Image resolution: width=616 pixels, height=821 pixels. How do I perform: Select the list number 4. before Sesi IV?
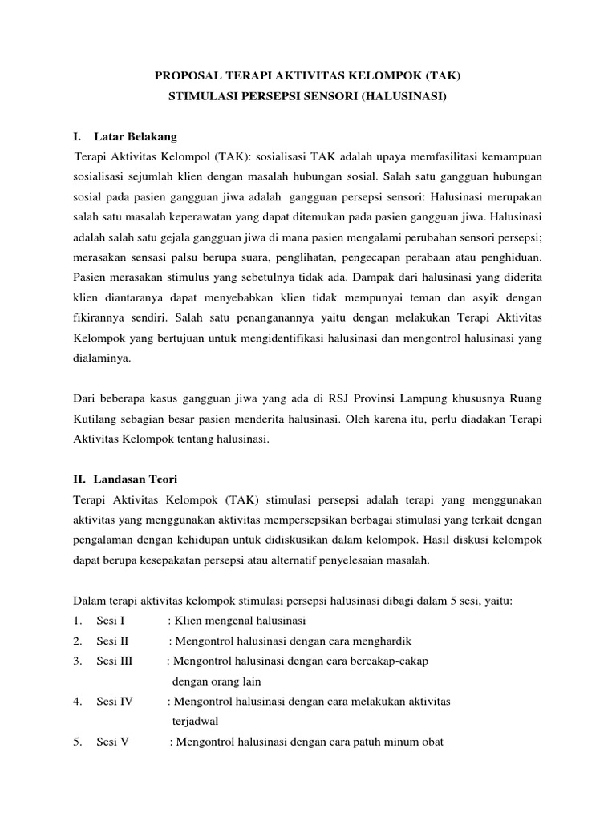coord(77,702)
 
